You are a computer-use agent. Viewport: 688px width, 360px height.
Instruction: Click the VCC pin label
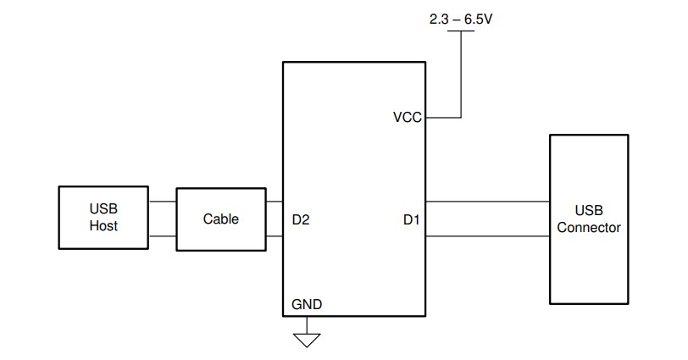407,118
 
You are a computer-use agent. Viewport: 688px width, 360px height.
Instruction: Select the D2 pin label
301,220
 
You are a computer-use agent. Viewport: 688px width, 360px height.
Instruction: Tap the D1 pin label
411,220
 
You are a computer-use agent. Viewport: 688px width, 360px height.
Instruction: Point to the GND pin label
307,303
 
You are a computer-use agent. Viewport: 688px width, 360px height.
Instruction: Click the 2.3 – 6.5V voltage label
461,17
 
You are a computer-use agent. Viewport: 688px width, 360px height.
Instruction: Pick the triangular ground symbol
307,340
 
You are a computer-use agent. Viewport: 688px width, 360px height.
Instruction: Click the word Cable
221,219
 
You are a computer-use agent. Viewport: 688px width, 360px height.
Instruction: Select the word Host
103,226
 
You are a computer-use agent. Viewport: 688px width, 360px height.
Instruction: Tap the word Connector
589,228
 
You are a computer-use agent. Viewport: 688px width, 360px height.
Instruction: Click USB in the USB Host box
103,209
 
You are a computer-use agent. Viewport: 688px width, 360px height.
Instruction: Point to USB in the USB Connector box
589,211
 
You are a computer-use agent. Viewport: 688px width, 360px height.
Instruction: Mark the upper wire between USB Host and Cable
162,202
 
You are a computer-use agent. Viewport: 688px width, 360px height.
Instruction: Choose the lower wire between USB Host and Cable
162,235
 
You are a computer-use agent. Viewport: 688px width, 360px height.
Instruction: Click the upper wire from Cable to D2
274,202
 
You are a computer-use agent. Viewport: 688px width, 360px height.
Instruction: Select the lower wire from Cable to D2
274,235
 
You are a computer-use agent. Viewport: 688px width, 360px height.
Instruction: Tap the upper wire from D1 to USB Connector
487,202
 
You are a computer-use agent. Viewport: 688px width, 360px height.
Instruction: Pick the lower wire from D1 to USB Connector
487,235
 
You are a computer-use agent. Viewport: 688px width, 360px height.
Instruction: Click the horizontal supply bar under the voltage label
461,32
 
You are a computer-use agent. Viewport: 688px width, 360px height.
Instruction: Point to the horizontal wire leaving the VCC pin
443,117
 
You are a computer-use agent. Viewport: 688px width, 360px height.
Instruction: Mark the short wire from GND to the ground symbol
307,325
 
